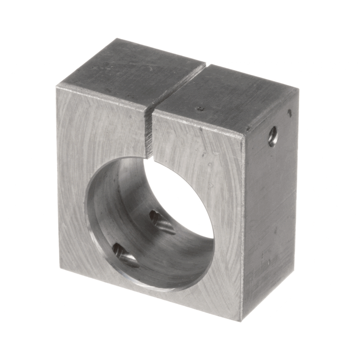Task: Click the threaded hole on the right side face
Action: coord(273,135)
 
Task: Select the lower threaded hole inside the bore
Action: coord(120,251)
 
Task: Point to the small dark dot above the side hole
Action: coord(289,112)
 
